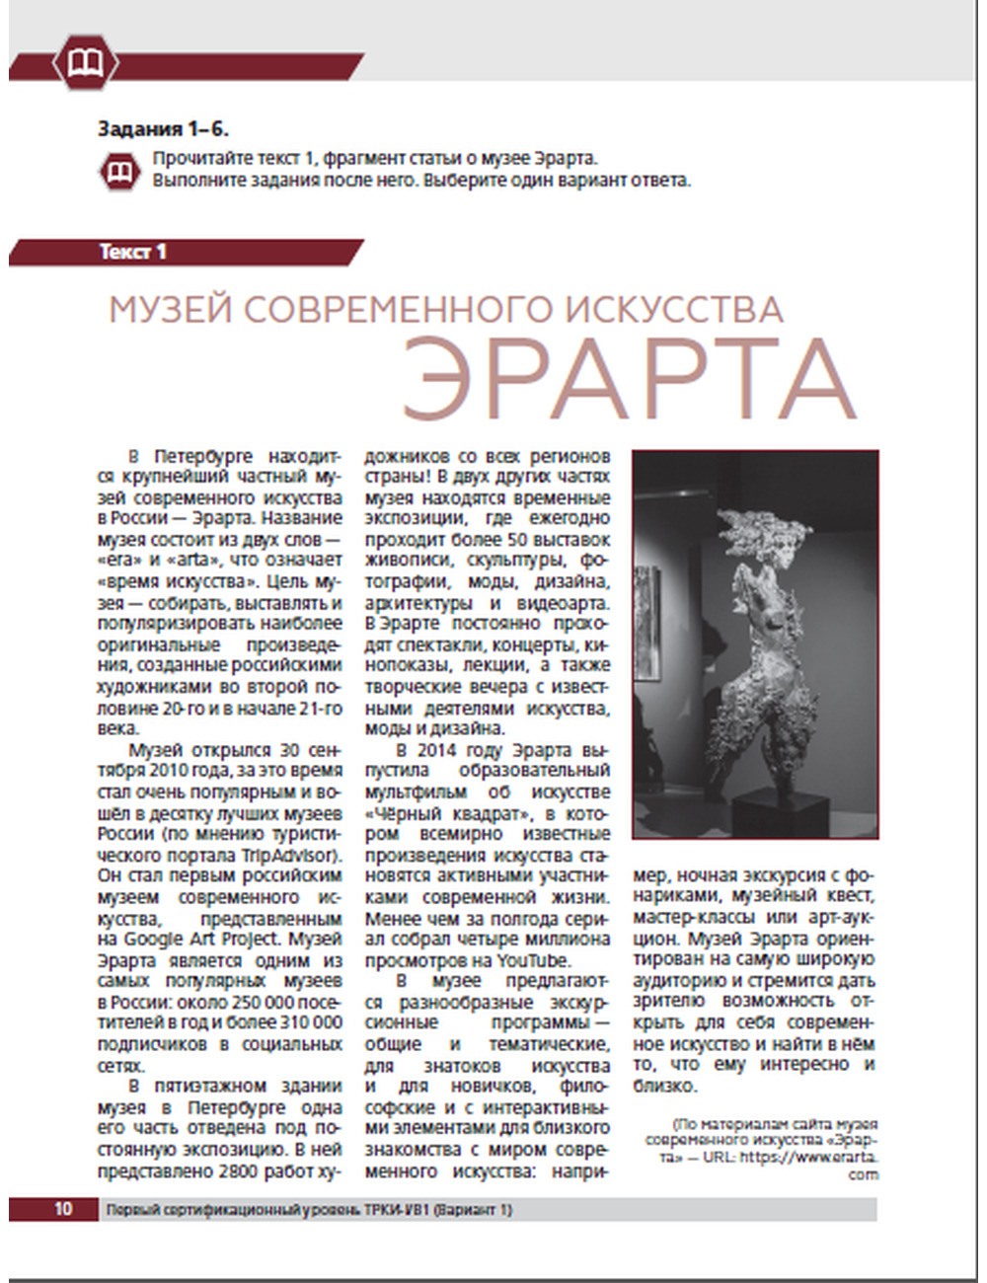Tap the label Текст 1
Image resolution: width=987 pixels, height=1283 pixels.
tap(133, 252)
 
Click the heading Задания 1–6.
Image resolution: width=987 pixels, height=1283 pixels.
tap(164, 129)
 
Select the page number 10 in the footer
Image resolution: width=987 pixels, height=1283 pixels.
tap(63, 1209)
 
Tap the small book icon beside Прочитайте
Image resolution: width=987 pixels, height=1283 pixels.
tap(122, 170)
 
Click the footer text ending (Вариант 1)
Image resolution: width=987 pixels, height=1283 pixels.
tap(473, 1209)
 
